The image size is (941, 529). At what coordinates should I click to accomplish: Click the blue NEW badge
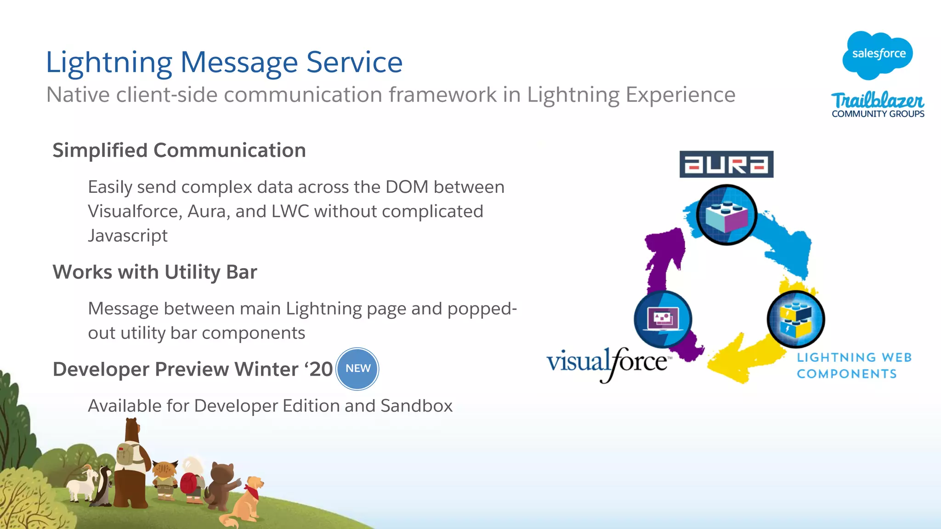(357, 369)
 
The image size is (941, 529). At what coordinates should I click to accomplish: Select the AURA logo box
(726, 164)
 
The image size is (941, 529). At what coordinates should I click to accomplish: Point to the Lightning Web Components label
(854, 366)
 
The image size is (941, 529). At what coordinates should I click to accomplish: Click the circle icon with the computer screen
(663, 319)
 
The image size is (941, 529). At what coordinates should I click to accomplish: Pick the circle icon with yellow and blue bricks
(796, 319)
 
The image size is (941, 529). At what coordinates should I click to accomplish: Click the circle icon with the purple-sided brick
(726, 214)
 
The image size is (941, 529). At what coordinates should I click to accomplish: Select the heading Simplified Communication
(179, 151)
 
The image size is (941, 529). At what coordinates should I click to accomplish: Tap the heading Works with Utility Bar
(155, 272)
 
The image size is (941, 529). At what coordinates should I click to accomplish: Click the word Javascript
(128, 236)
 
